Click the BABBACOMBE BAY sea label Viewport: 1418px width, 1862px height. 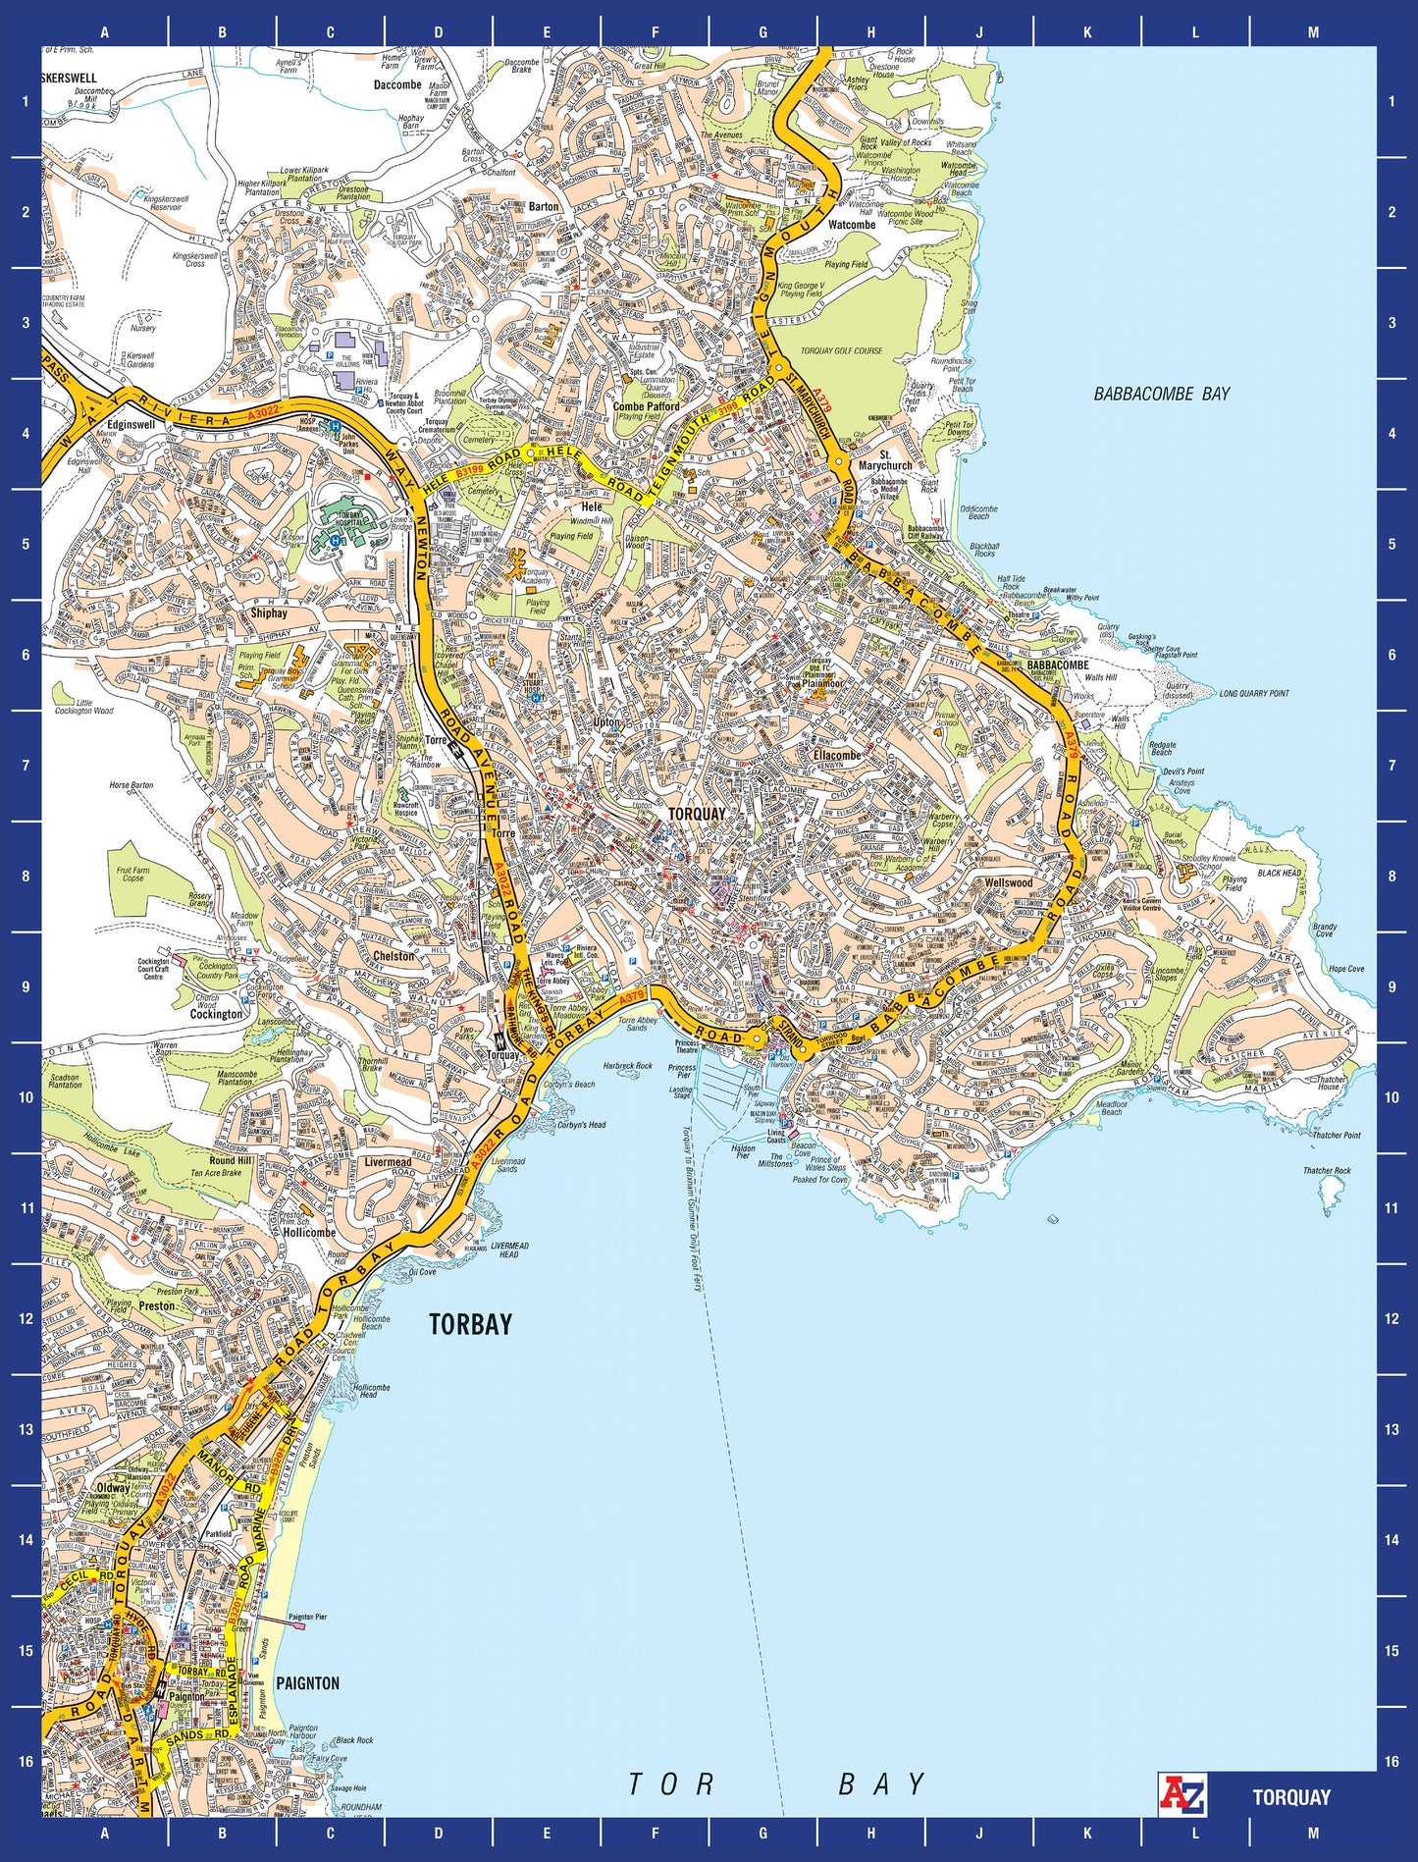coord(1161,394)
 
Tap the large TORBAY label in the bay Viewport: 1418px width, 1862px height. coord(470,1324)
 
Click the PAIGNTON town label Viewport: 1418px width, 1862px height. coord(307,1683)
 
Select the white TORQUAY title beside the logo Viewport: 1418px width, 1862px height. coord(1290,1797)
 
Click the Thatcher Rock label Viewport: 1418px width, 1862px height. coord(1327,1170)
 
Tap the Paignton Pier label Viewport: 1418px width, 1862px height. coord(307,1617)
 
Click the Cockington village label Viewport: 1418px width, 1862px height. coord(216,1014)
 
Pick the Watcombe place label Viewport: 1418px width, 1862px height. coord(851,225)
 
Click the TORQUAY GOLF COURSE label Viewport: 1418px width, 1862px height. coord(841,350)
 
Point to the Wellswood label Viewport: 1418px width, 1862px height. coord(1008,882)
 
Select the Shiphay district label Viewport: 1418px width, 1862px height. coord(269,612)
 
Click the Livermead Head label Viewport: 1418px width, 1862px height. coord(509,1250)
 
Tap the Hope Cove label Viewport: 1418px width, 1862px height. coord(1345,969)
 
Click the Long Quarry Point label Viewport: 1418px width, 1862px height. coord(1254,693)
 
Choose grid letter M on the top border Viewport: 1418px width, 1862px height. coord(1313,31)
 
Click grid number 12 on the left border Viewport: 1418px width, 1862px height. coord(26,1318)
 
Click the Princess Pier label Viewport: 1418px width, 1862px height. coord(681,1071)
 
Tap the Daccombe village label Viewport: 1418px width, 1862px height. coord(397,84)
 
